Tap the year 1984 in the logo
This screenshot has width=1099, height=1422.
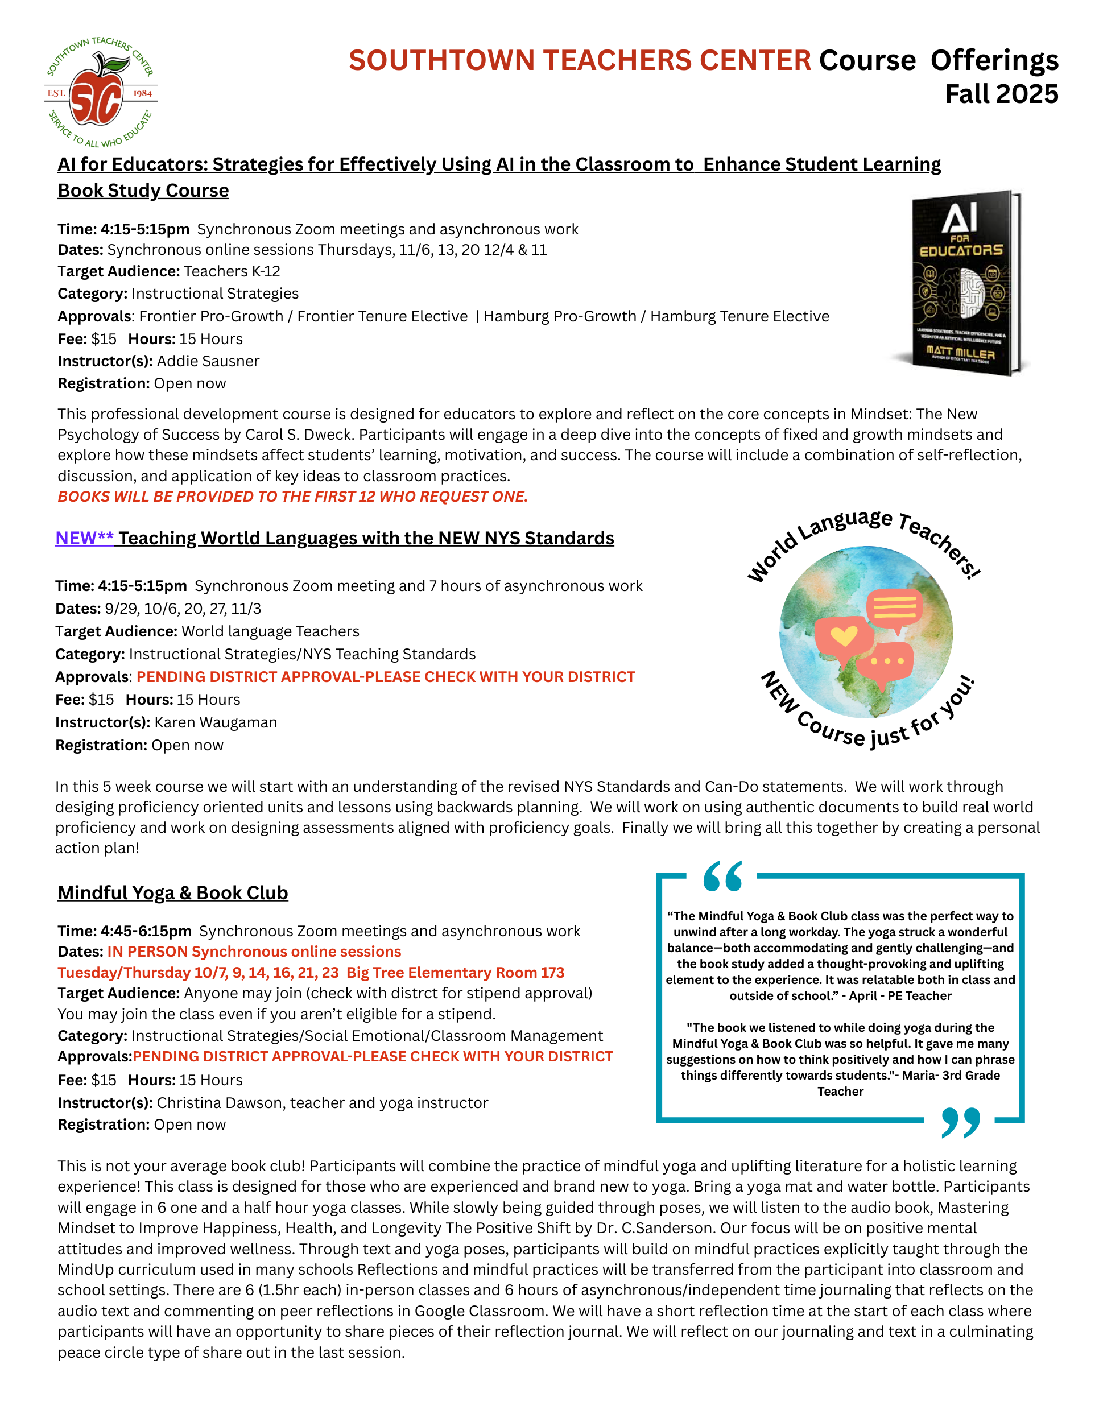(x=142, y=93)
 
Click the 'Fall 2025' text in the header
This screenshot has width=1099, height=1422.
(x=1001, y=94)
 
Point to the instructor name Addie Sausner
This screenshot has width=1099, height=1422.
(x=208, y=361)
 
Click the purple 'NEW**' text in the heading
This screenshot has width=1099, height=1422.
(x=84, y=538)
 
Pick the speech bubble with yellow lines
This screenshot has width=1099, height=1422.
(x=895, y=608)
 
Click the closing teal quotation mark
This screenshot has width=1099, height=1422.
(x=960, y=1122)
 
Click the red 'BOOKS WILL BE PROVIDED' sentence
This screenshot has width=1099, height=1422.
(x=292, y=497)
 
